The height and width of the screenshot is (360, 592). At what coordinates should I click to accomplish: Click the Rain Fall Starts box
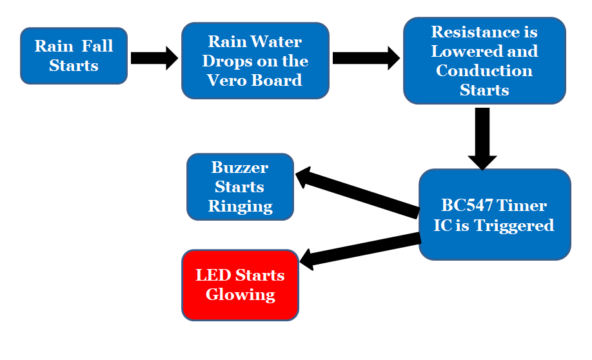pos(74,56)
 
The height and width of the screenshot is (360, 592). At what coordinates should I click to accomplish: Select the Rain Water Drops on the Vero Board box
pos(255,61)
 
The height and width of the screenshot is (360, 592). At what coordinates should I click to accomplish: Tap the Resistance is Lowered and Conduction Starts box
pos(484,61)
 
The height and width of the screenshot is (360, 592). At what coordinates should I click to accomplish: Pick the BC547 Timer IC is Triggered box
pos(495,215)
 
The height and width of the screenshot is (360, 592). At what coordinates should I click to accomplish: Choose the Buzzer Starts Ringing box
pos(240,187)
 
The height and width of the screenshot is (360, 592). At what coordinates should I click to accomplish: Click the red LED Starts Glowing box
pos(240,285)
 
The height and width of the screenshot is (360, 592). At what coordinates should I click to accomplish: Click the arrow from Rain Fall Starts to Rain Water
pos(153,58)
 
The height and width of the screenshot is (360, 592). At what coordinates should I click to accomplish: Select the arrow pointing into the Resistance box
pos(365,58)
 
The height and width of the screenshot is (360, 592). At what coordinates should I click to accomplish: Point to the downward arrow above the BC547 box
pos(482,138)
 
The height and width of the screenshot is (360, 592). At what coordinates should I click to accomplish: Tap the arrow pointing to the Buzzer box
pos(358,192)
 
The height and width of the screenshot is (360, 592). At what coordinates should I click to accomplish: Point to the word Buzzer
pos(240,168)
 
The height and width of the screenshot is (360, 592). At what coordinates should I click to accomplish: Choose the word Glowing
pos(240,295)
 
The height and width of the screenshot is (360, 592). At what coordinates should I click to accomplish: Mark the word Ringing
pos(240,206)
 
